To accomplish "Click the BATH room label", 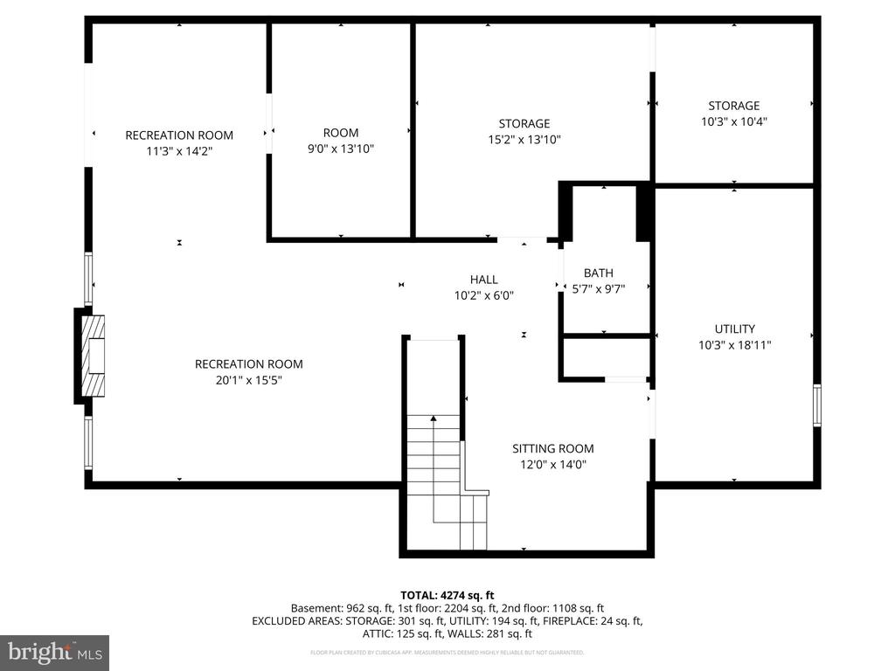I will (x=599, y=273).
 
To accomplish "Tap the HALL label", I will (x=483, y=280).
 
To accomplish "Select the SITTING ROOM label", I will (x=552, y=448).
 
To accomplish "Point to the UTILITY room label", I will (x=734, y=329).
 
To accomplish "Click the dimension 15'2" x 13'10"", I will (x=524, y=139).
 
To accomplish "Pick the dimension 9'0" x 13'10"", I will (x=341, y=149).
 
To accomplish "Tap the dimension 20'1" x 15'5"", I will (x=248, y=380).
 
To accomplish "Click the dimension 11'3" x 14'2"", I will (x=179, y=150).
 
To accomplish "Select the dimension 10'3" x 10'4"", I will (x=734, y=121).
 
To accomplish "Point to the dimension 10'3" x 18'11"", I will (x=734, y=344).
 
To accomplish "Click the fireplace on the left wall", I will (x=92, y=355).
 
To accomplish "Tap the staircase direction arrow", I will (x=433, y=419).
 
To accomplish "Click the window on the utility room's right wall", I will (x=817, y=405).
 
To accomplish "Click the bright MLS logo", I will (x=54, y=652).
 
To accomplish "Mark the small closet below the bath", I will (x=605, y=357).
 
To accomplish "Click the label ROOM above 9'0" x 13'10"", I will (x=341, y=133).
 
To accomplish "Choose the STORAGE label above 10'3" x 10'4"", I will (x=734, y=106).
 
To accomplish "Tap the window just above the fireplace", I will (x=88, y=280).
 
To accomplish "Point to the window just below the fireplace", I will (x=88, y=442).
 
